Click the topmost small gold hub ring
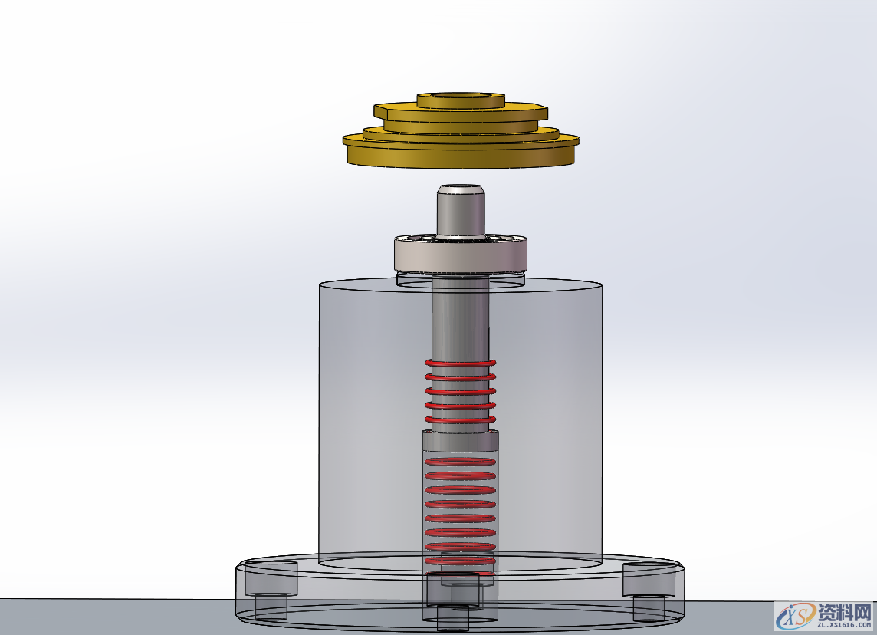click(x=461, y=101)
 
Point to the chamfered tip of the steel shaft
click(x=461, y=189)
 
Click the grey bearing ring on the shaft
click(x=461, y=255)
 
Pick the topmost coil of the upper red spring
click(x=460, y=363)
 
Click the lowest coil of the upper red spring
click(x=460, y=420)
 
